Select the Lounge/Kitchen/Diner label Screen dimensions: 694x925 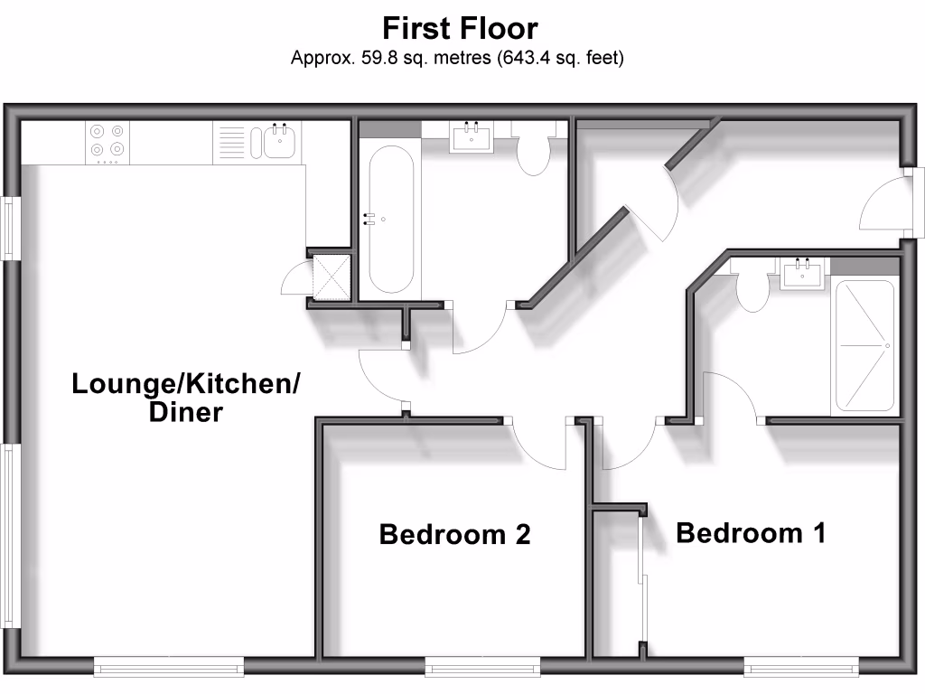[x=185, y=398]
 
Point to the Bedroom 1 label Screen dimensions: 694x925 [x=750, y=533]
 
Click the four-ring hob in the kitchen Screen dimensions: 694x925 [x=107, y=142]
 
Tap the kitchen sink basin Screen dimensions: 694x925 [x=278, y=142]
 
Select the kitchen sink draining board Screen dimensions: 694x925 [x=230, y=143]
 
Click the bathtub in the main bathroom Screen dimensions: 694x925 [x=390, y=217]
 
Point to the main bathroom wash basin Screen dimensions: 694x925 [x=471, y=138]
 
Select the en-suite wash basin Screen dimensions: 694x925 [x=802, y=273]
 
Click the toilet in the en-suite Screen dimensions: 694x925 [x=752, y=290]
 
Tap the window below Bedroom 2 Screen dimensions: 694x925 [x=482, y=668]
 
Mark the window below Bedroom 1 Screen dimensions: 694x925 [x=800, y=668]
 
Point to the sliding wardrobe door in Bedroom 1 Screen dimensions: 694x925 [x=642, y=578]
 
